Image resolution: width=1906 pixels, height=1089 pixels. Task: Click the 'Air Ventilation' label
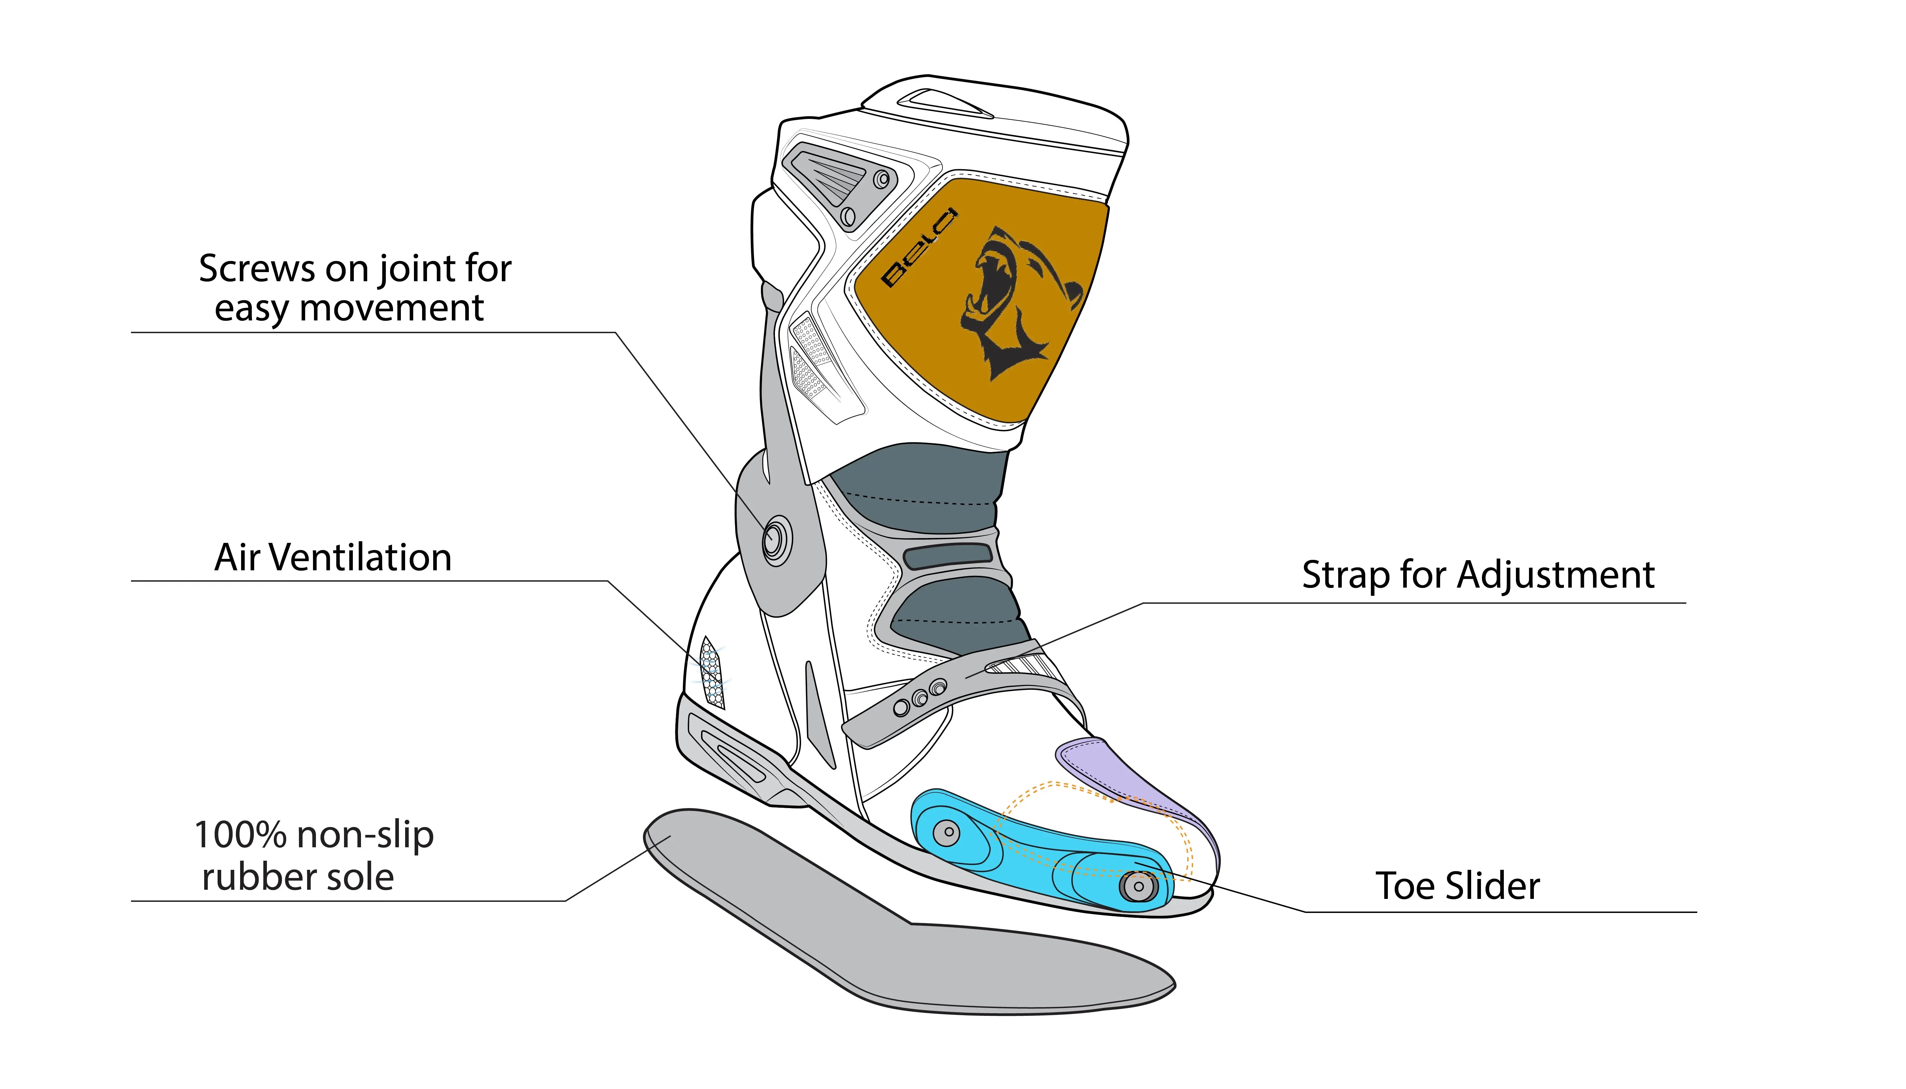[x=333, y=558]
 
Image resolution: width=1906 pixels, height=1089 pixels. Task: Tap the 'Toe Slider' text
[x=1457, y=886]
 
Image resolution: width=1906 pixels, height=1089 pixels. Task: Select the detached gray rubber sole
[x=898, y=935]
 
